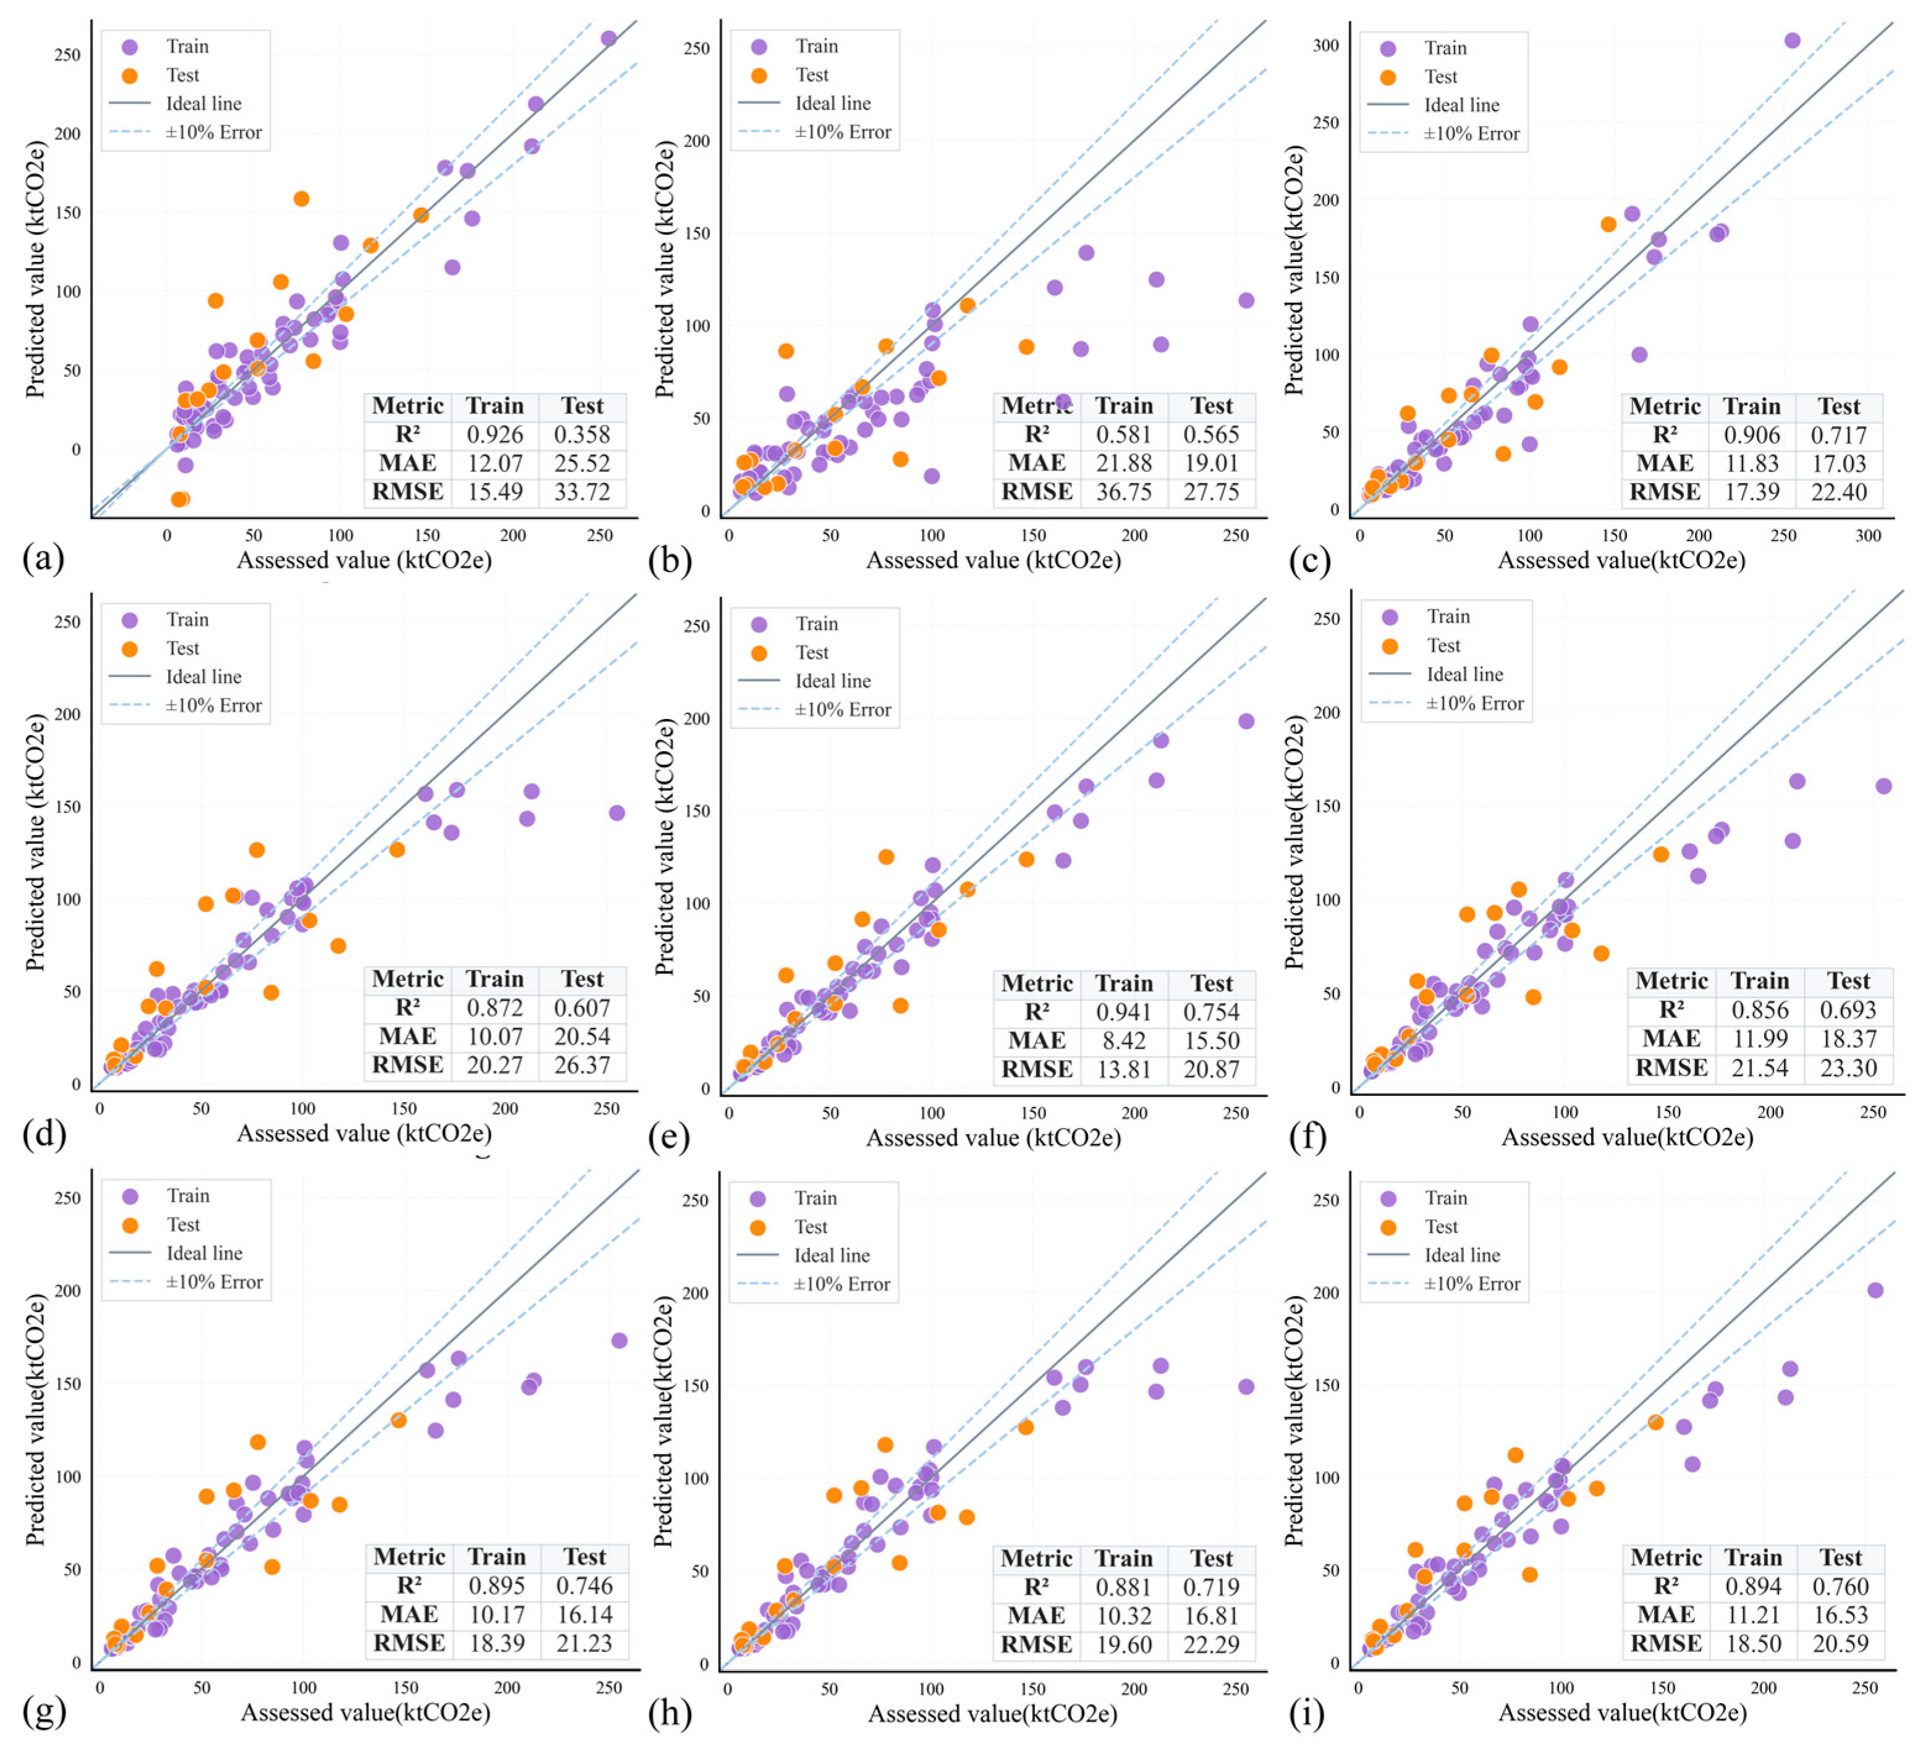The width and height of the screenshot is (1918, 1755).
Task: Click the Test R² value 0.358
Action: tap(581, 435)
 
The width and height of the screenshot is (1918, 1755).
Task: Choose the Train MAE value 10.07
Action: tap(495, 1036)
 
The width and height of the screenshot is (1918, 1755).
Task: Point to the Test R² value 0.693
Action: tap(1848, 1010)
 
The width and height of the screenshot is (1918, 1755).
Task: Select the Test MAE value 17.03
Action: tap(1838, 463)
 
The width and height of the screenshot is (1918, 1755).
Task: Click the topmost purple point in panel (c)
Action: tap(1791, 40)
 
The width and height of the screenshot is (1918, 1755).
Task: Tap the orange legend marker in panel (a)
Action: tap(130, 75)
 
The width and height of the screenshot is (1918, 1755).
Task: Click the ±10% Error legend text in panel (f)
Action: tap(1475, 703)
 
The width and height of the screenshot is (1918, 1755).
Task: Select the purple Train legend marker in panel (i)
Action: tap(1388, 1198)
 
